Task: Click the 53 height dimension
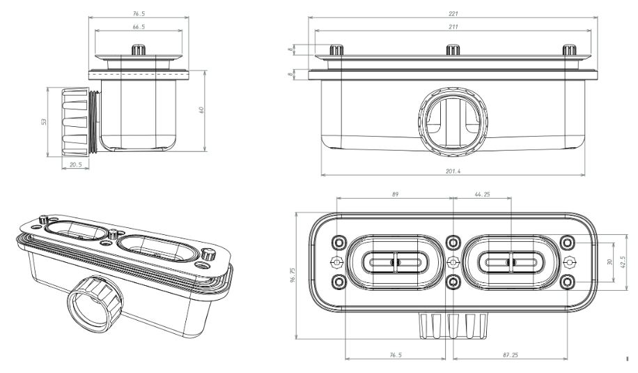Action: click(43, 121)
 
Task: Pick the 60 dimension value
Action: click(202, 109)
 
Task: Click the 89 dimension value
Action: click(395, 195)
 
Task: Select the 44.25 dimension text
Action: click(481, 195)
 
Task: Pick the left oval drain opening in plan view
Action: click(395, 262)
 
